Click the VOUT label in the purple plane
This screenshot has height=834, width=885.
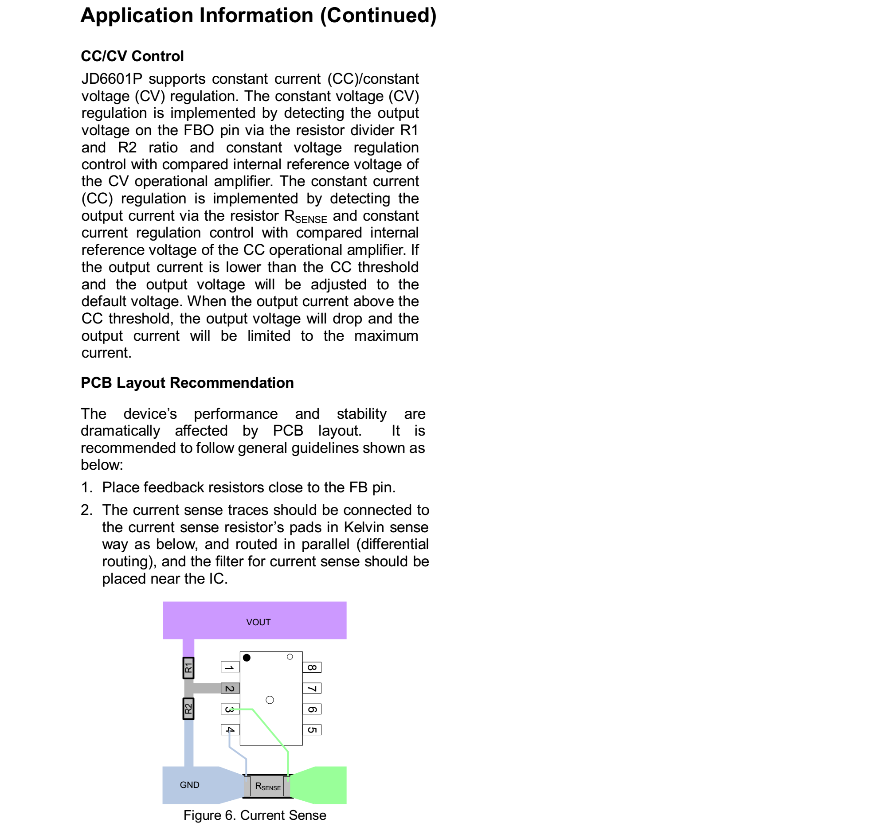[258, 622]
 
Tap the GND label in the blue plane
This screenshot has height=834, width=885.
[189, 785]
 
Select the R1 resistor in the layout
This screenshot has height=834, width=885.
[188, 667]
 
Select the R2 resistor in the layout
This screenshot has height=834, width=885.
[188, 709]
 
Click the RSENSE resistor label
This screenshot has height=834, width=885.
[267, 787]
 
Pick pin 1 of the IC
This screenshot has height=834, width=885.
[230, 666]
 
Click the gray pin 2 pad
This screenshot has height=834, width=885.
[230, 688]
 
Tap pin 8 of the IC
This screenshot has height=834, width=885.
[312, 667]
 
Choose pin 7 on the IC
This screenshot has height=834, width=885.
[312, 688]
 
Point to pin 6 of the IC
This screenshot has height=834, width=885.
[312, 709]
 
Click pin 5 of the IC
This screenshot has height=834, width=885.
[312, 730]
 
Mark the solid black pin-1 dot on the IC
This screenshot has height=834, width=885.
[247, 658]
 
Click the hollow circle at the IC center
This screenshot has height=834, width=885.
[270, 700]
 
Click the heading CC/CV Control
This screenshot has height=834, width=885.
[132, 56]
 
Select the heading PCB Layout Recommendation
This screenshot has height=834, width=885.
[187, 383]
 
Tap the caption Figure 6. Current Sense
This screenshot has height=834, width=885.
[255, 815]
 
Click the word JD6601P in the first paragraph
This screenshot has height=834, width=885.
[112, 79]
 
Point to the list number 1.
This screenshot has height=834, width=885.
[86, 487]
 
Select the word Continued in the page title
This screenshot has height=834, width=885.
[378, 16]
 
